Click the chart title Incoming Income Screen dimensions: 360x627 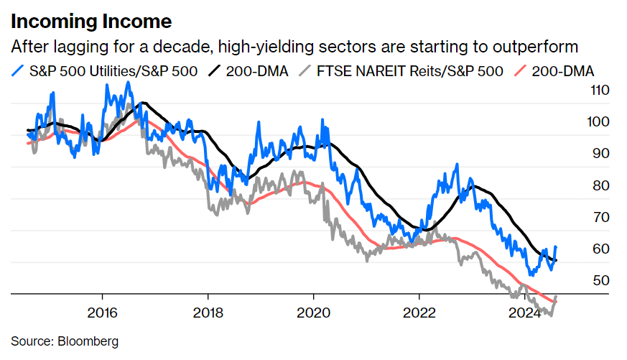pos(91,19)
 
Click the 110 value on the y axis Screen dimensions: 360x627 pos(579,91)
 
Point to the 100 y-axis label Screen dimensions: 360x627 pos(579,122)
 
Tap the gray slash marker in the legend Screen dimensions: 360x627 pos(305,71)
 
